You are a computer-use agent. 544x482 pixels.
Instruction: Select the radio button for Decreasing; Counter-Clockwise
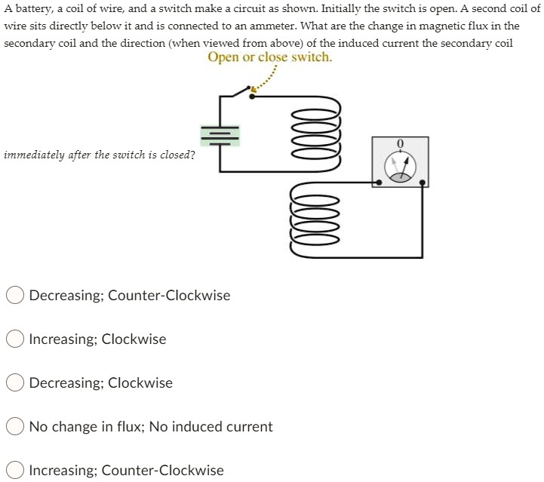[15, 295]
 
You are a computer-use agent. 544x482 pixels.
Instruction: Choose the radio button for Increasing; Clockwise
[15, 339]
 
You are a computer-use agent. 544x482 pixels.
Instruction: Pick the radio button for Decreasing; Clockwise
[15, 382]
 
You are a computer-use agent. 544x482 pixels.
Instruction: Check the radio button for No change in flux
[15, 426]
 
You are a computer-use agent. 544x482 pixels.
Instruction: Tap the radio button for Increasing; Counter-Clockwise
[15, 470]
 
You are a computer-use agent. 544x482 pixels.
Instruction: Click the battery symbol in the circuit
[220, 135]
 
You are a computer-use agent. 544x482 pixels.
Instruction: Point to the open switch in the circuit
[241, 93]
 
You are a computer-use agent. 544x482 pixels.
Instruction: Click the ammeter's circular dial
[400, 168]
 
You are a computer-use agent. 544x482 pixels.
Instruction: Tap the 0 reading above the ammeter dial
[400, 143]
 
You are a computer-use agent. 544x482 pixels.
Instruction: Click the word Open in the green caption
[223, 57]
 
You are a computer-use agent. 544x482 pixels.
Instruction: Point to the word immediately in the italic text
[35, 155]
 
